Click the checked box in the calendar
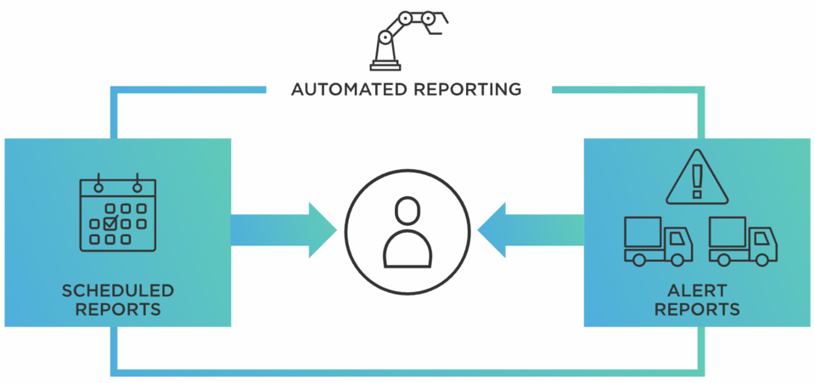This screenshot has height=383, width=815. pos(110,224)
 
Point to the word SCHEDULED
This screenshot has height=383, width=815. pos(117,292)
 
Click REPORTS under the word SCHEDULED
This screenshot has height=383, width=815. pos(117,310)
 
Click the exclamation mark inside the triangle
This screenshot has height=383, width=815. pos(697,181)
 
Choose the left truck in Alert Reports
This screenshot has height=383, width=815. pos(658,240)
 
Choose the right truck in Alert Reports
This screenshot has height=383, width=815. pos(743,240)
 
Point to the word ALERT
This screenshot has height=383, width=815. pos(697,292)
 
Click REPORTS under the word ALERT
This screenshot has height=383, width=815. pos(697,310)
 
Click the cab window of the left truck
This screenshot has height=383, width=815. pos(677,239)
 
